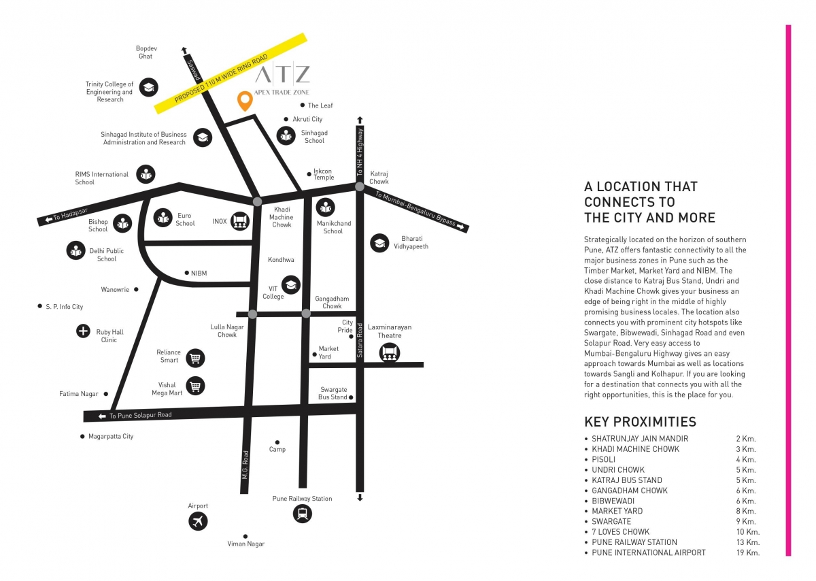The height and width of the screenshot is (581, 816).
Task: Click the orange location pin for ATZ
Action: pyautogui.click(x=244, y=101)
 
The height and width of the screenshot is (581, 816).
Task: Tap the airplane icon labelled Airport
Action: pyautogui.click(x=198, y=522)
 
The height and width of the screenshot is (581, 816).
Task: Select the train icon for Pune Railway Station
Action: pyautogui.click(x=303, y=514)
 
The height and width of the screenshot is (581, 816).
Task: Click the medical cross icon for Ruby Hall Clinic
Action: pyautogui.click(x=83, y=332)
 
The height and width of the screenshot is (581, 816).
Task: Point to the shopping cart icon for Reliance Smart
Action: pyautogui.click(x=195, y=357)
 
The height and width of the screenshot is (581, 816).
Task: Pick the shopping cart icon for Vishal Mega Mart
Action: pyautogui.click(x=195, y=386)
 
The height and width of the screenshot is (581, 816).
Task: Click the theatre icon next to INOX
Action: pyautogui.click(x=239, y=220)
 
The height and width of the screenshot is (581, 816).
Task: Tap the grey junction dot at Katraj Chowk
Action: pyautogui.click(x=360, y=186)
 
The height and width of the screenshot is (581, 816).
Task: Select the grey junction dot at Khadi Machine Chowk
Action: pyautogui.click(x=257, y=201)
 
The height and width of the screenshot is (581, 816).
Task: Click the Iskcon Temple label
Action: pyautogui.click(x=324, y=174)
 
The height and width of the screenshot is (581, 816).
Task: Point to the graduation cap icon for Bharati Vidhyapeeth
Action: pyautogui.click(x=379, y=243)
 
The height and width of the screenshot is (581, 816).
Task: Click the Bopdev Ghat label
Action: pyautogui.click(x=146, y=52)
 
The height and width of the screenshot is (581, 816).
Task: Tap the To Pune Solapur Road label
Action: pyautogui.click(x=140, y=415)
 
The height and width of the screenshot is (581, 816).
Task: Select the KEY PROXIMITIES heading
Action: pyautogui.click(x=640, y=422)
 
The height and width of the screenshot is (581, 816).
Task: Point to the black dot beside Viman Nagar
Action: pyautogui.click(x=245, y=536)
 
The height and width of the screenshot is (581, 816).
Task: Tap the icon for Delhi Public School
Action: pyautogui.click(x=75, y=250)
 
